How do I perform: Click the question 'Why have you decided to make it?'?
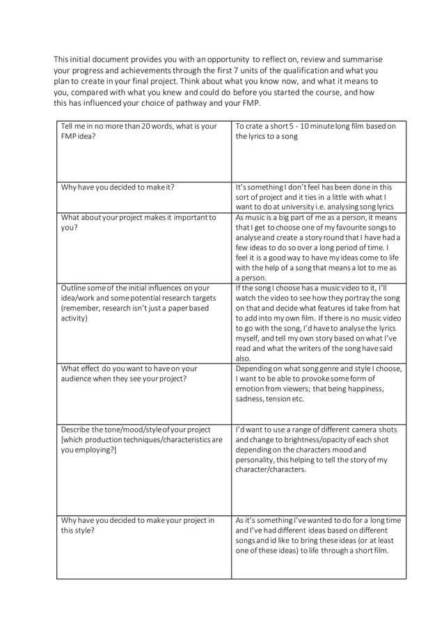[118, 187]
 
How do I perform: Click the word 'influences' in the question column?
[169, 288]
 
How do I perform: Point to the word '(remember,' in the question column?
[83, 308]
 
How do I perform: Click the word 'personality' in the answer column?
[257, 460]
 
